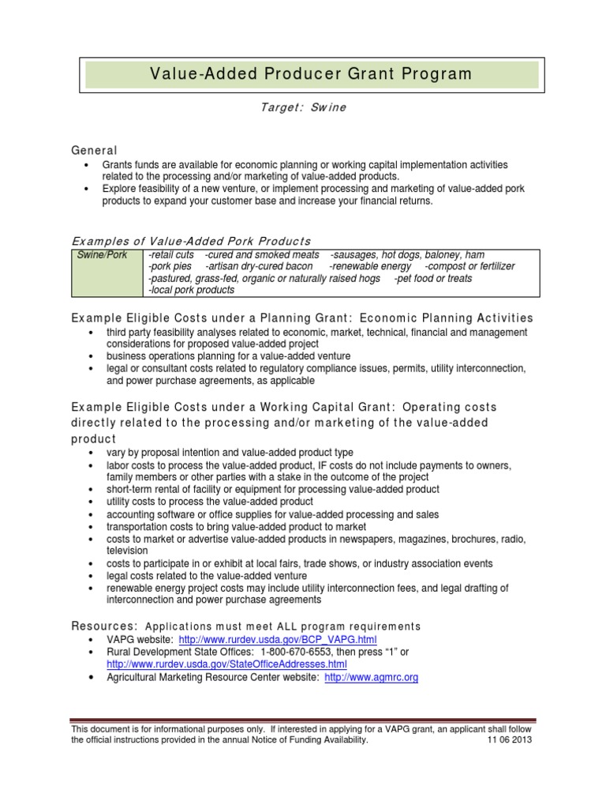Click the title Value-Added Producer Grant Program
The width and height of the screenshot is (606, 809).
point(311,74)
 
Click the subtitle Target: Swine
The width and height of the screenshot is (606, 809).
point(303,107)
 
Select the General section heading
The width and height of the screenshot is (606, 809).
point(94,150)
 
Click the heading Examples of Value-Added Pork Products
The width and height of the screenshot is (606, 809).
point(191,241)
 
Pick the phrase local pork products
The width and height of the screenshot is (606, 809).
point(191,291)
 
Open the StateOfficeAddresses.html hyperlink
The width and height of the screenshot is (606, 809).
point(227,664)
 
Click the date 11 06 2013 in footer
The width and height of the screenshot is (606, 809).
point(511,741)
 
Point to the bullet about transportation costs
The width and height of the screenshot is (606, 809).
point(236,527)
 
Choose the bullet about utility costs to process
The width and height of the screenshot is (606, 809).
point(210,502)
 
